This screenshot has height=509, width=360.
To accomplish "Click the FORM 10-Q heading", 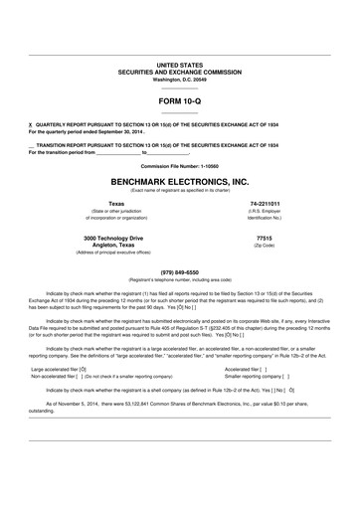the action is (179, 100).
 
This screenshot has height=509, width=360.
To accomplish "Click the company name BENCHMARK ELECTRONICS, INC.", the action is (179, 183).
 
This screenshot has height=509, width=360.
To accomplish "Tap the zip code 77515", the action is (264, 240).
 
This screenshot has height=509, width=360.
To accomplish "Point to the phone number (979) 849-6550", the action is (179, 271).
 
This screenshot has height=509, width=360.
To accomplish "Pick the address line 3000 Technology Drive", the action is (94, 240).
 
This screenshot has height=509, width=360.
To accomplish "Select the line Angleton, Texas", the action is (94, 247).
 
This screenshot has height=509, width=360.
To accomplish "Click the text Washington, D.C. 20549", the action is (179, 78).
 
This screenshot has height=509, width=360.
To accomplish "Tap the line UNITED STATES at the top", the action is (179, 64).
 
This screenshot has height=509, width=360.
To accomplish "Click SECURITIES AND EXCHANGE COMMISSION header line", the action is (179, 71).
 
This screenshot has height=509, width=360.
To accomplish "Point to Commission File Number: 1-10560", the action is (179, 164).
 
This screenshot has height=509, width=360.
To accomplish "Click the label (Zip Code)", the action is (264, 248).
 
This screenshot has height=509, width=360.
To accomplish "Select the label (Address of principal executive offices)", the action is (94, 254).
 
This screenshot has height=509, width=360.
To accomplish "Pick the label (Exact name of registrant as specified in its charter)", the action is (179, 191).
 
